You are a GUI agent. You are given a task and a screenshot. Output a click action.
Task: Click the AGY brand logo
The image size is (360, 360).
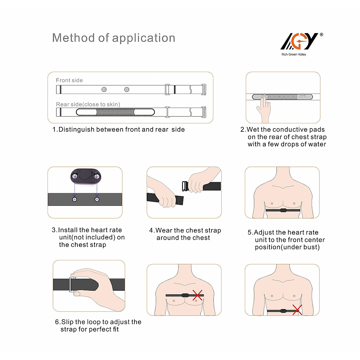[299, 41]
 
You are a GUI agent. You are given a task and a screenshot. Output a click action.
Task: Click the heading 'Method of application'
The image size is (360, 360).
[114, 38]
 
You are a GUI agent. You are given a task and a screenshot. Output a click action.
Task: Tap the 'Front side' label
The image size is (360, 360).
[69, 80]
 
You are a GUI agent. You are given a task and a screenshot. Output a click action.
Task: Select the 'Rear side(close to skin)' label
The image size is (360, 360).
[88, 104]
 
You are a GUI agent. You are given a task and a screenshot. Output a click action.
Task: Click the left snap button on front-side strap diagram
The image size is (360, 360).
[104, 89]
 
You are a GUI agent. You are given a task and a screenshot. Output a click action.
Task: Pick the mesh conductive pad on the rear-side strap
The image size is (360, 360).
[115, 112]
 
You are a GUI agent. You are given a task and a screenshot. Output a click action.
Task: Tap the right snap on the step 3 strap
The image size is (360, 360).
[97, 199]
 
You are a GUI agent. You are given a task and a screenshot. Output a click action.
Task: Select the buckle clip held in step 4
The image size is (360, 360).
[185, 186]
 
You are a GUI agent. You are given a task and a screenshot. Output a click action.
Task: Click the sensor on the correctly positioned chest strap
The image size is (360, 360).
[283, 210]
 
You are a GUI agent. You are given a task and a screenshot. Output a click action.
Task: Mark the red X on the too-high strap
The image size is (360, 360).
[197, 295]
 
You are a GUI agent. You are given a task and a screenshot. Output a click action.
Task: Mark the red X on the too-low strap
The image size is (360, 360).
[297, 310]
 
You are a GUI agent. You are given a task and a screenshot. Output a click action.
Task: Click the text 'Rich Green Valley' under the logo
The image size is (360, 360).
[294, 55]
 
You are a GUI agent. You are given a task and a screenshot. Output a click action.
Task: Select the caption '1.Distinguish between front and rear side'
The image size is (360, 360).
[118, 130]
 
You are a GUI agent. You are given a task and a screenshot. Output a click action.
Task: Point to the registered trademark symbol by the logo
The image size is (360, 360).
[322, 35]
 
